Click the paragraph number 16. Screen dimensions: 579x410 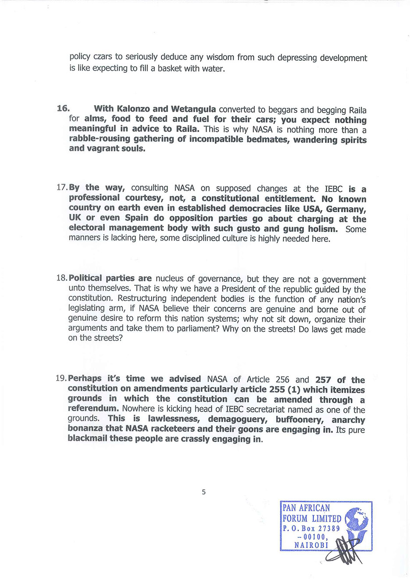pyautogui.click(x=63, y=108)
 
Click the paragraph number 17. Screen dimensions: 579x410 pyautogui.click(x=62, y=188)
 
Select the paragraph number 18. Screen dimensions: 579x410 pyautogui.click(x=62, y=278)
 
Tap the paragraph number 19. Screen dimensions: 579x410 pyautogui.click(x=61, y=378)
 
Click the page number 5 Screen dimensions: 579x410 pyautogui.click(x=204, y=492)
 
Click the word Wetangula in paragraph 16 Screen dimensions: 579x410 pyautogui.click(x=193, y=109)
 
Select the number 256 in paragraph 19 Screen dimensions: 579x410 pyautogui.click(x=282, y=380)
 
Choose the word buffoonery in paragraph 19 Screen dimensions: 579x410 pyautogui.click(x=300, y=419)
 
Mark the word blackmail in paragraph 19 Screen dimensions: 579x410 pyautogui.click(x=87, y=439)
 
